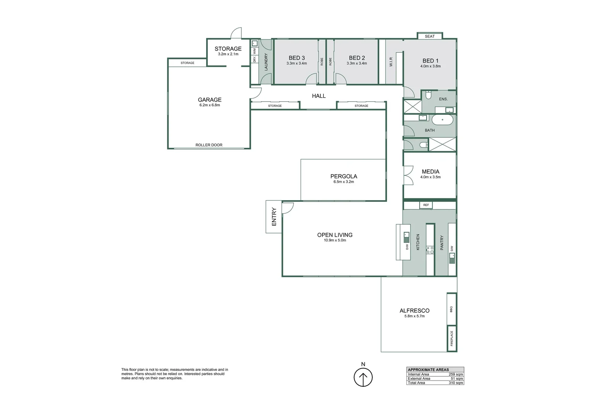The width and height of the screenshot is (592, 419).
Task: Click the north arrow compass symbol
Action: pyautogui.click(x=363, y=377)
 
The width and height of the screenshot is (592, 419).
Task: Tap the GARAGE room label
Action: pyautogui.click(x=210, y=100)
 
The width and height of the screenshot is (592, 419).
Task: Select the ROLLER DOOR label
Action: pyautogui.click(x=209, y=145)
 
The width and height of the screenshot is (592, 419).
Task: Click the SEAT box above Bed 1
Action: pyautogui.click(x=430, y=36)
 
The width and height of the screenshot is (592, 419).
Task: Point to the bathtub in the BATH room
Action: pyautogui.click(x=442, y=120)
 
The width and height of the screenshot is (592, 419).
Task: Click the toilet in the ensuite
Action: pyautogui.click(x=428, y=95)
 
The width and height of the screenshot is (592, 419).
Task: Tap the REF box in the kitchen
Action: pyautogui.click(x=426, y=205)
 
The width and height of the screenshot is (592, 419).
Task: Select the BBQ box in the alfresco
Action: pyautogui.click(x=451, y=309)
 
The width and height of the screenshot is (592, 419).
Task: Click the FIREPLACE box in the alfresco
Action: pyautogui.click(x=452, y=339)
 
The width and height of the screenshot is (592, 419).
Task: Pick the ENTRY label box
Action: pyautogui.click(x=274, y=217)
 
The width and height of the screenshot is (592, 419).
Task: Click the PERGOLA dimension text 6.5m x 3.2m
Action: pyautogui.click(x=344, y=182)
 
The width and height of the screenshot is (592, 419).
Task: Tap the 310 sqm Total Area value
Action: pyautogui.click(x=456, y=383)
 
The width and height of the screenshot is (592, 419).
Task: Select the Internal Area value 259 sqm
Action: pyautogui.click(x=456, y=374)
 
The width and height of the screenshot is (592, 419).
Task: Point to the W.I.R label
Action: pyautogui.click(x=391, y=62)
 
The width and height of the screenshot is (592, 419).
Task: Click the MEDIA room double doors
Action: pyautogui.click(x=408, y=175)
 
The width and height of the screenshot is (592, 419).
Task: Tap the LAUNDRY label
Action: pyautogui.click(x=266, y=62)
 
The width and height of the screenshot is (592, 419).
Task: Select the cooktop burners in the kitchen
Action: pyautogui.click(x=430, y=250)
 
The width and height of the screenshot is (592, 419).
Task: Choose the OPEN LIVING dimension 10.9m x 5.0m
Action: pyautogui.click(x=335, y=240)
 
